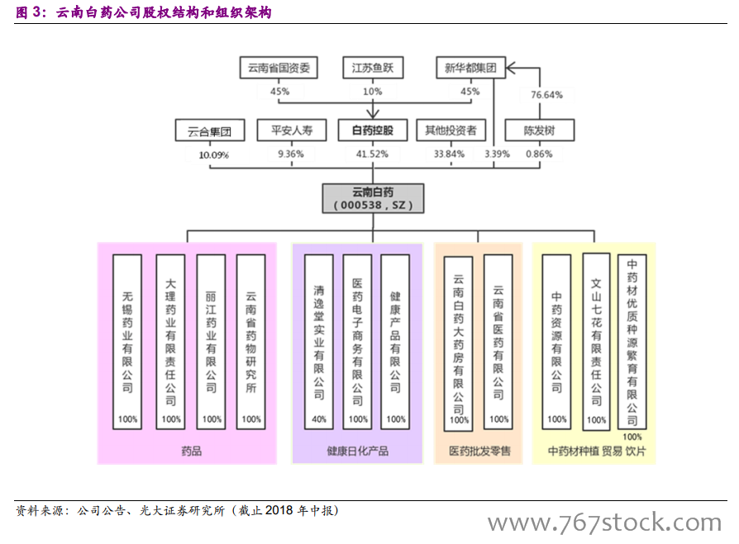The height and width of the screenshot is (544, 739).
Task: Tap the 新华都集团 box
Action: (470, 68)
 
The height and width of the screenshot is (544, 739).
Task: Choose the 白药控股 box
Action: (373, 130)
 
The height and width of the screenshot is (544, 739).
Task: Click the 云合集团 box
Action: (210, 130)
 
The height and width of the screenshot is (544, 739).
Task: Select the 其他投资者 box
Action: (451, 130)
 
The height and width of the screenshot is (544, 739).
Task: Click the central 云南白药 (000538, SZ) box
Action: (373, 198)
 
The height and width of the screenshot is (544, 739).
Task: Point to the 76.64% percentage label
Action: (546, 95)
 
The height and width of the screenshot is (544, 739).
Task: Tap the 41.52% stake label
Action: (373, 154)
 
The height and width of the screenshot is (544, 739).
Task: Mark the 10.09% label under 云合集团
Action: (214, 154)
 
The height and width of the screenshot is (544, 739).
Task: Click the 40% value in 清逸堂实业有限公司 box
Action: (319, 419)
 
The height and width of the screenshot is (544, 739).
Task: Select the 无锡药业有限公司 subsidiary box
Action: (127, 341)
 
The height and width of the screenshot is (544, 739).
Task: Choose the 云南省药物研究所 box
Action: (251, 341)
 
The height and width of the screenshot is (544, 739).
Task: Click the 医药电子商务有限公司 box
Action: (358, 341)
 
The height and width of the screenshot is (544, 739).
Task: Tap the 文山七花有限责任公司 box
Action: (597, 341)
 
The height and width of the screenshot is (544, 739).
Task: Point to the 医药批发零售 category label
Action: (479, 451)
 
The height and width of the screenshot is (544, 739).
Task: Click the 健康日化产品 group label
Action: (357, 451)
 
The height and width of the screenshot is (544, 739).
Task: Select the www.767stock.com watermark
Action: (604, 523)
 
